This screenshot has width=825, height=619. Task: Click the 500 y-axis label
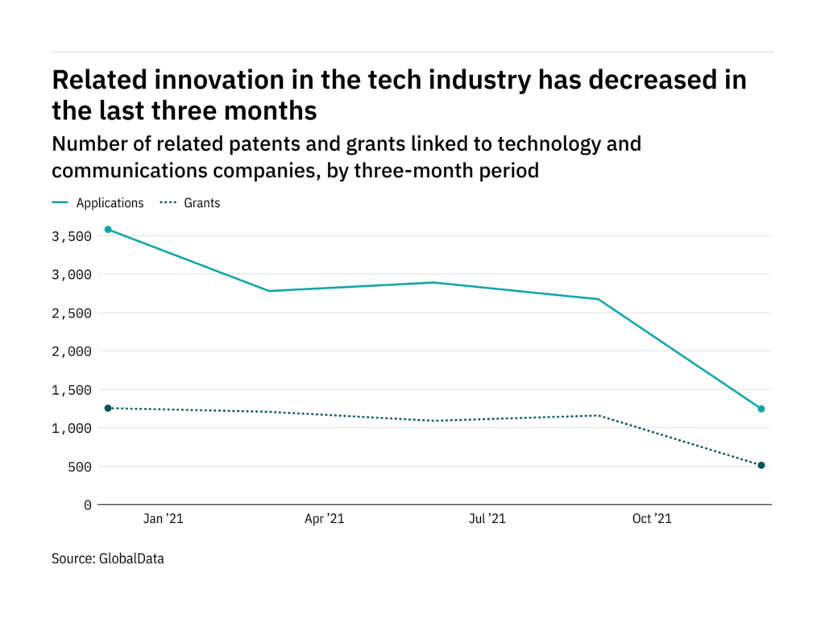pos(79,467)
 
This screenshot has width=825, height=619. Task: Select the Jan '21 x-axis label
pos(164,520)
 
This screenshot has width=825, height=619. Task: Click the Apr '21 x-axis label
pos(325,520)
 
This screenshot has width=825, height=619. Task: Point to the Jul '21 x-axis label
pos(487,520)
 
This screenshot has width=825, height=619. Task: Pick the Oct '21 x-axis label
pos(652,520)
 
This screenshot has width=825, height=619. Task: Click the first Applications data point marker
pos(108,230)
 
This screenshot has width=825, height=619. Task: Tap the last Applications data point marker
pos(761,409)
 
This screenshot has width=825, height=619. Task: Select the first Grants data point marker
pos(108,408)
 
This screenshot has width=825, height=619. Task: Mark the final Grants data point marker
pos(761,465)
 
